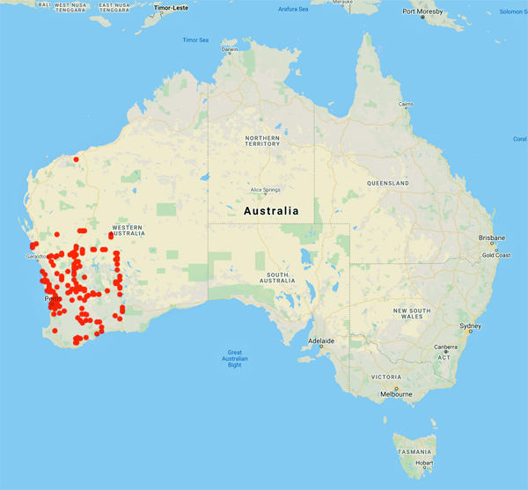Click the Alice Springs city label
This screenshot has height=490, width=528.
[x=265, y=189]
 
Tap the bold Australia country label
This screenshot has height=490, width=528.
[x=270, y=211]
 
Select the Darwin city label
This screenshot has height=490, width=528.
[x=230, y=49]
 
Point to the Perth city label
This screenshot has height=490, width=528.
[x=52, y=300]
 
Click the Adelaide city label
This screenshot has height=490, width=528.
[x=321, y=340]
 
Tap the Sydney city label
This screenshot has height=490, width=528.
[x=471, y=327]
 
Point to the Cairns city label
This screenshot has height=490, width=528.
[x=405, y=104]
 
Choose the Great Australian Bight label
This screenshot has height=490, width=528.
[x=232, y=357]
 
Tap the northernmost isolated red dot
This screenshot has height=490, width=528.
[x=77, y=159]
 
